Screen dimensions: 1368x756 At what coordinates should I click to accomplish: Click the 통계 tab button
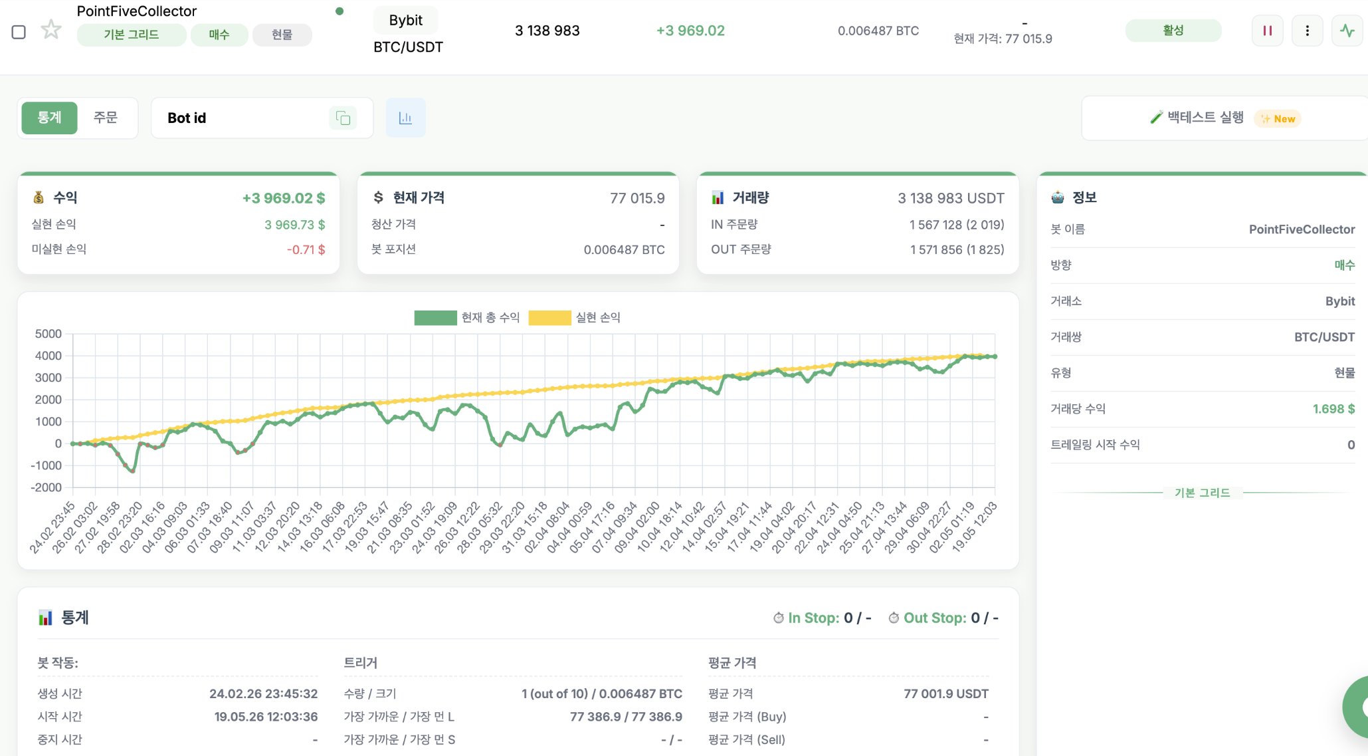tap(49, 118)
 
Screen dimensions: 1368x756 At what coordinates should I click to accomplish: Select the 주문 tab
tap(105, 118)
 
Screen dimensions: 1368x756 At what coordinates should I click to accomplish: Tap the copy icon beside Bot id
tap(343, 118)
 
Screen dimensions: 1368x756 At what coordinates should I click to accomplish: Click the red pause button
tap(1267, 31)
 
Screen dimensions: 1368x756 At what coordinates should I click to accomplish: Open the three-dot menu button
tap(1307, 31)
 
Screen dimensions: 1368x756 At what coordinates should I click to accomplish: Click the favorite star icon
tap(51, 30)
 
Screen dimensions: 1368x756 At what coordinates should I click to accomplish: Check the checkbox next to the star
tap(19, 32)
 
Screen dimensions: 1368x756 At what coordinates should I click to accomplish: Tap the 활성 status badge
tap(1173, 31)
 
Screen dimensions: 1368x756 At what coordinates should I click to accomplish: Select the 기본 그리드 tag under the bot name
tap(132, 35)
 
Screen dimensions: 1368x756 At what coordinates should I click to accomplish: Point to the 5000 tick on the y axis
tap(49, 334)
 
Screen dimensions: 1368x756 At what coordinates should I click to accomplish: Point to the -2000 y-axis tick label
tap(46, 487)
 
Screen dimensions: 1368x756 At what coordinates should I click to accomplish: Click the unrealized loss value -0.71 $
tap(306, 249)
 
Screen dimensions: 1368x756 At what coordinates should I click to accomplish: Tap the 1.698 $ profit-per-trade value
tap(1333, 409)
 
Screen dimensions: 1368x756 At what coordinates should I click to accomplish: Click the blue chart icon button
tap(405, 118)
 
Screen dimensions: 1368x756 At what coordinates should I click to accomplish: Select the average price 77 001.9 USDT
tap(946, 694)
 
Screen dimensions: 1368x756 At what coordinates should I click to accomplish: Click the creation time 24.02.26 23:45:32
tap(264, 694)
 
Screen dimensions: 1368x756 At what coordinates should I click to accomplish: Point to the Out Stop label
tap(935, 618)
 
